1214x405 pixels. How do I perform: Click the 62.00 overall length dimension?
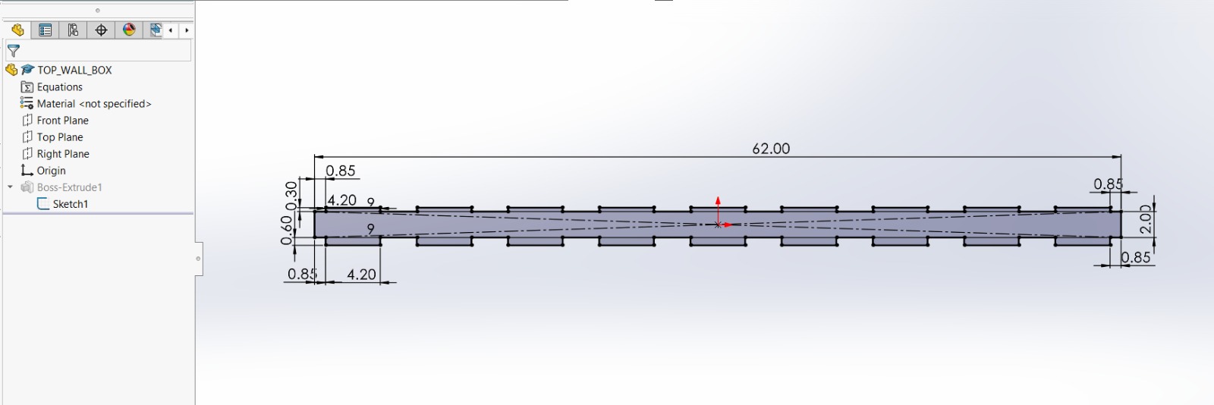771,149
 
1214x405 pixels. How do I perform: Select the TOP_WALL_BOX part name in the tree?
74,70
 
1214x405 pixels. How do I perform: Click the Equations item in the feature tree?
60,86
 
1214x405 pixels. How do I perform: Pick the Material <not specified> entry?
94,103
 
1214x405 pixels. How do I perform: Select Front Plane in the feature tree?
62,120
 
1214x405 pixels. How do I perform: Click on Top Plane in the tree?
60,137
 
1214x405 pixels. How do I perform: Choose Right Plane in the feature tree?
63,154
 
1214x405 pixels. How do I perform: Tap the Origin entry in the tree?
51,171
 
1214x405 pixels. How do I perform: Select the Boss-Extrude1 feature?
69,187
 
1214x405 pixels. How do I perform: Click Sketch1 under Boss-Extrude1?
70,204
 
